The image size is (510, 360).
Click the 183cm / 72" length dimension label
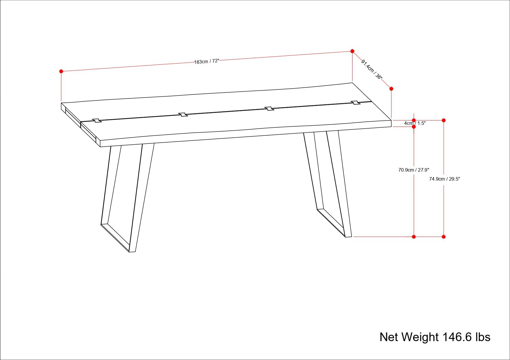point(206,62)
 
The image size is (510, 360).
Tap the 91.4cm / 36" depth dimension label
point(372,70)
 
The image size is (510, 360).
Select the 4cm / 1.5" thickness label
point(415,123)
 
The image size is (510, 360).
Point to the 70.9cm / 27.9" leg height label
point(414,170)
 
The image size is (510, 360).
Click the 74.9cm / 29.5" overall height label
point(444,179)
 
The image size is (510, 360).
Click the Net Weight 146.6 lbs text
point(435,337)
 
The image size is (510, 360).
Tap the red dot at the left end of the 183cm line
point(61,71)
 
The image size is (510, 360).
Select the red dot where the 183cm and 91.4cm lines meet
point(352,51)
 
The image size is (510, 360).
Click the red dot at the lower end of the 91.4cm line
point(391,89)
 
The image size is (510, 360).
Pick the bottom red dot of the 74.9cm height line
point(443,237)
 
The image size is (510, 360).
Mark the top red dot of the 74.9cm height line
point(443,120)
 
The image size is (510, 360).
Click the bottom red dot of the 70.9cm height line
point(414,237)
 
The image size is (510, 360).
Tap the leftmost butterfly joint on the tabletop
point(97,120)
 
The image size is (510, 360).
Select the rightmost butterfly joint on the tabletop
point(355,102)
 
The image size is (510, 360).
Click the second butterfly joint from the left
point(183,114)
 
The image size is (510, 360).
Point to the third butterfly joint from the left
point(269,109)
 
